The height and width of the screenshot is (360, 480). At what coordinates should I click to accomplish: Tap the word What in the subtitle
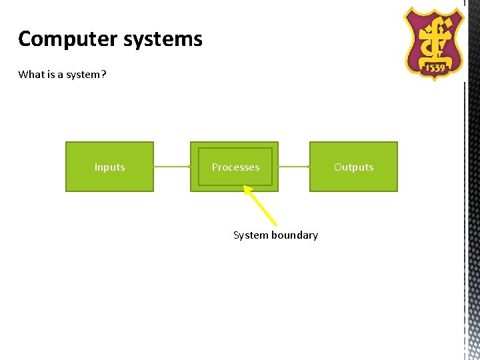[x=31, y=75]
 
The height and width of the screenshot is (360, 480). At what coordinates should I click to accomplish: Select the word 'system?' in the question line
[x=86, y=75]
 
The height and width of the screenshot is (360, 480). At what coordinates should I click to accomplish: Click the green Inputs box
[x=109, y=167]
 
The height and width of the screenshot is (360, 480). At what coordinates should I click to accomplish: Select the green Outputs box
[x=353, y=167]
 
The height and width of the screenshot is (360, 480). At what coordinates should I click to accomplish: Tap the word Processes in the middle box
[x=235, y=167]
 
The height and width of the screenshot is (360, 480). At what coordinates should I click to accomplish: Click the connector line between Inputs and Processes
[x=172, y=167]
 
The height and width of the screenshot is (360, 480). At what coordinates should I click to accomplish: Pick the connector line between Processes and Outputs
[x=294, y=167]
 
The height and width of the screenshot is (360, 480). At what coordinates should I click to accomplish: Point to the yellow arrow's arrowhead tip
[x=244, y=186]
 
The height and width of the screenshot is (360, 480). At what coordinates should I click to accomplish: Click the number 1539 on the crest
[x=434, y=68]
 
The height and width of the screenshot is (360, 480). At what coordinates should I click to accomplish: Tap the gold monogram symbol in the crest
[x=434, y=37]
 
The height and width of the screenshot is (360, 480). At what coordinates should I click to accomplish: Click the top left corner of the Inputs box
[x=66, y=143]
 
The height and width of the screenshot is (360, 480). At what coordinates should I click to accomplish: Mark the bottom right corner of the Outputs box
[x=397, y=191]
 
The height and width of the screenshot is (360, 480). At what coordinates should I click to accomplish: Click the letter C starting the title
[x=25, y=39]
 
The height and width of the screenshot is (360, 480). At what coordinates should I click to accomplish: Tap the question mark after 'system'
[x=103, y=75]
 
